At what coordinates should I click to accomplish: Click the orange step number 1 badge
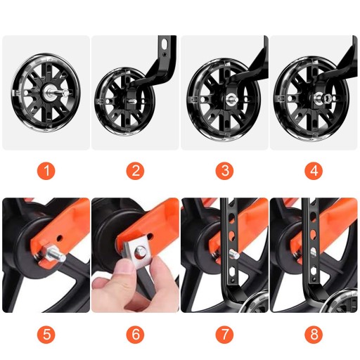46,170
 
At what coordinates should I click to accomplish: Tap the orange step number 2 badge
136,170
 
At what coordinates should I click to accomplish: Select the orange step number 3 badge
224,170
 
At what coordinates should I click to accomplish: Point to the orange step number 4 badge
314,170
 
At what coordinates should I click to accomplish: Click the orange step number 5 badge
46,334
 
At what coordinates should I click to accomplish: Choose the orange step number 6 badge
136,334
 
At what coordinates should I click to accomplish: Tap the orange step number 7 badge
224,334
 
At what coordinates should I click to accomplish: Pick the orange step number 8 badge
314,334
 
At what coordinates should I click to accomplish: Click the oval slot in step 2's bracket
165,44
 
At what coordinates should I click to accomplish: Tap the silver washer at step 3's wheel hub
232,98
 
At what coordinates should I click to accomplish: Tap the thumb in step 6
122,269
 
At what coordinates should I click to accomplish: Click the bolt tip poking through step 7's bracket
234,255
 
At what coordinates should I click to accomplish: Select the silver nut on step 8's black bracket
314,252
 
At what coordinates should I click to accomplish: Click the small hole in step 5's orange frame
59,238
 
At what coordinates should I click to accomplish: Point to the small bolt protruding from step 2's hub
133,101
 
